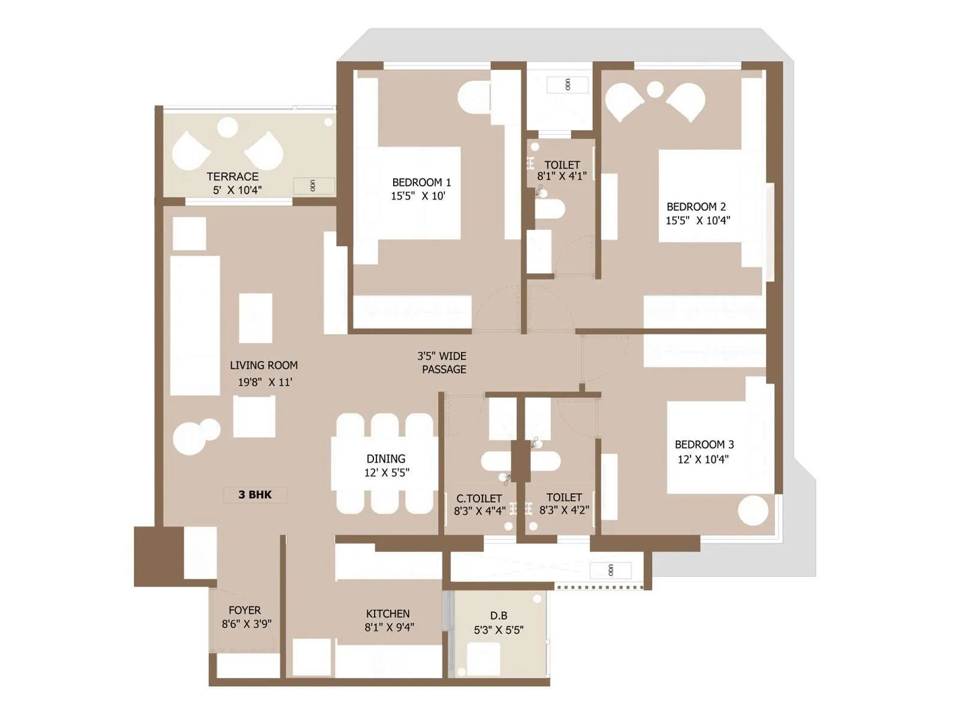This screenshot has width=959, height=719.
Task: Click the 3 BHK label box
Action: tap(255, 495)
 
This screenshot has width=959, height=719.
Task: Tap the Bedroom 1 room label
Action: tap(421, 182)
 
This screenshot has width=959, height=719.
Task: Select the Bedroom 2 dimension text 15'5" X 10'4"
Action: tap(698, 220)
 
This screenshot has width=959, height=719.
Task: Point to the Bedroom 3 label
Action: tap(704, 445)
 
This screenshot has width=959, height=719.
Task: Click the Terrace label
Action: tap(233, 177)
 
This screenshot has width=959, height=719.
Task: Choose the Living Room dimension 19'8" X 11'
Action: tap(265, 382)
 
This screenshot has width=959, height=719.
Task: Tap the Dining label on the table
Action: tap(386, 459)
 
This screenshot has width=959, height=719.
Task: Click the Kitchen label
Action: tap(388, 614)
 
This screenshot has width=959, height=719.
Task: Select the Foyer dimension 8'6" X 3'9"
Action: tap(246, 624)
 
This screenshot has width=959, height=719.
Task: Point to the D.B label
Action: tap(499, 616)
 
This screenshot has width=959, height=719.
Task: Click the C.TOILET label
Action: tap(479, 499)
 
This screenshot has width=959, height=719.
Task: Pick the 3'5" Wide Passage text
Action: tap(443, 363)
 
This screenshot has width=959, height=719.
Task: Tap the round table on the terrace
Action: tap(228, 127)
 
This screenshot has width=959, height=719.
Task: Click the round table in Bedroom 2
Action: tap(655, 90)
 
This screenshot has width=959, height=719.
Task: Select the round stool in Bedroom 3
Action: tap(753, 511)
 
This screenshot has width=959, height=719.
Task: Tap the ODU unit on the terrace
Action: tap(313, 186)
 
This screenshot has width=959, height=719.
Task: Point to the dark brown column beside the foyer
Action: tap(158, 556)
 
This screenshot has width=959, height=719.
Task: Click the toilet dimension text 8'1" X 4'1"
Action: tap(562, 176)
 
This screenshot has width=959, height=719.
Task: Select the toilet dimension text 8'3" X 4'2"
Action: tap(564, 510)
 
